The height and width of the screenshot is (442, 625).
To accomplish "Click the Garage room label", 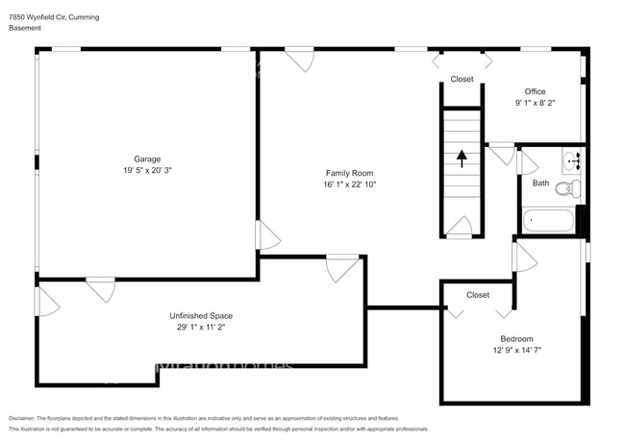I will click(x=147, y=159).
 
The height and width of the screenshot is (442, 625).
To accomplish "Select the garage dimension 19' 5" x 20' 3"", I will click(x=147, y=170).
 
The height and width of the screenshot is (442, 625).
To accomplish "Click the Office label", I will click(x=535, y=92).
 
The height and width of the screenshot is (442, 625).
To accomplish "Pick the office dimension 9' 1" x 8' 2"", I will click(x=535, y=104).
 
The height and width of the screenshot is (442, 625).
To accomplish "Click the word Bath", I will click(x=541, y=184).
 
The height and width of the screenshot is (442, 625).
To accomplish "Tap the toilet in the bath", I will click(x=572, y=189).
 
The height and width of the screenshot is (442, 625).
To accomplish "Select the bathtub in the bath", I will click(x=549, y=222).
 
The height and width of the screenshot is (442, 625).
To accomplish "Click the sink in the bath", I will click(x=574, y=160).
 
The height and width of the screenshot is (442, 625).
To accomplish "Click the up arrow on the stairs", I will click(x=462, y=157).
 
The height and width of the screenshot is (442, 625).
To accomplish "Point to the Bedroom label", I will click(x=516, y=338).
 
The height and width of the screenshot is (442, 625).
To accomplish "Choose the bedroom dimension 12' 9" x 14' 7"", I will click(x=516, y=350).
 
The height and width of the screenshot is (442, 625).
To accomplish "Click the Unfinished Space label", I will click(x=201, y=315).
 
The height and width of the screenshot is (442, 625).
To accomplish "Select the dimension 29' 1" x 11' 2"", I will click(x=201, y=327).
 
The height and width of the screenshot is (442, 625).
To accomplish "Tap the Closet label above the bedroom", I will click(x=478, y=295).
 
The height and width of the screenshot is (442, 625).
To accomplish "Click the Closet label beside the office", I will click(x=462, y=79).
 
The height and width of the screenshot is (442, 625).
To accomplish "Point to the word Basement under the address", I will click(x=27, y=29).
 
